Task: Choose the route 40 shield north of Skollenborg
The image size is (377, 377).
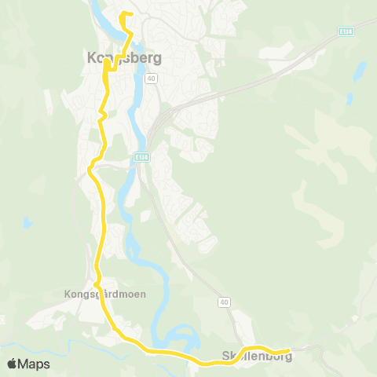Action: point(224,302)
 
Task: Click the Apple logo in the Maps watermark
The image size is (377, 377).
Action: point(12,364)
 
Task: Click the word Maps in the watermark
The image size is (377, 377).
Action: point(35,364)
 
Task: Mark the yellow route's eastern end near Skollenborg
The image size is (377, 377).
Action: point(289,350)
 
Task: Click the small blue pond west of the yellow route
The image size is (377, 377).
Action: point(27,223)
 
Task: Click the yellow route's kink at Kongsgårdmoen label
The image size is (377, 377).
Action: point(97,284)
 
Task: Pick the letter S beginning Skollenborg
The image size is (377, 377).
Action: point(226,356)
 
